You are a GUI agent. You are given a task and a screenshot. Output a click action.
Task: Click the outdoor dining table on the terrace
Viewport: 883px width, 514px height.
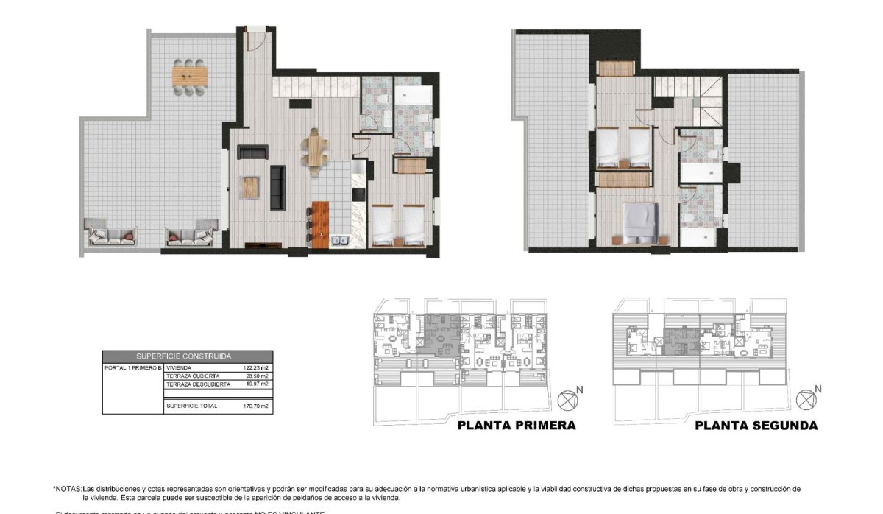(190, 75)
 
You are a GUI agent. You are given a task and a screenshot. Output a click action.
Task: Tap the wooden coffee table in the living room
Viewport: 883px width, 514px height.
(249, 187)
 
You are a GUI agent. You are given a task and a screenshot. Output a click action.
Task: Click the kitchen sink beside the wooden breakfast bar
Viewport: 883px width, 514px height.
(341, 240)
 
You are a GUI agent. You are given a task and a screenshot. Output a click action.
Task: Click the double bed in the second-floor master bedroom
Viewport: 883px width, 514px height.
(639, 222)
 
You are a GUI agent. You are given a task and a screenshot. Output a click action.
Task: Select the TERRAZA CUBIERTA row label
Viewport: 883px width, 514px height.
(193, 376)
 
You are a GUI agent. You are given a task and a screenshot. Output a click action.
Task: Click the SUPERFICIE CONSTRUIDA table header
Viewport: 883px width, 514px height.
(188, 356)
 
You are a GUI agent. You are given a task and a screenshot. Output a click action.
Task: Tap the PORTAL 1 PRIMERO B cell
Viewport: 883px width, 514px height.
(132, 367)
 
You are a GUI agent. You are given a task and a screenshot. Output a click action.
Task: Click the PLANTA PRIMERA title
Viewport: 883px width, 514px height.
(517, 426)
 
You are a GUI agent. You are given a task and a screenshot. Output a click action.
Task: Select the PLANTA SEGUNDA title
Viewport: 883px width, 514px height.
(756, 426)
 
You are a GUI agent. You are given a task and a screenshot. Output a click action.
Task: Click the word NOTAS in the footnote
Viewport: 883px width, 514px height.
(68, 489)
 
